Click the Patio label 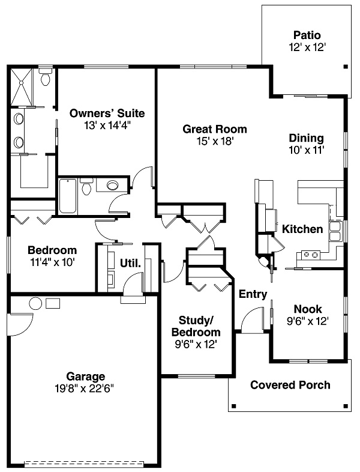pyautogui.click(x=307, y=35)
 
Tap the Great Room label pyautogui.click(x=215, y=129)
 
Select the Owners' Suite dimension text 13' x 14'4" pyautogui.click(x=107, y=126)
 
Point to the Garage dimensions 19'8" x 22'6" pyautogui.click(x=84, y=389)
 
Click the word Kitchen pyautogui.click(x=302, y=229)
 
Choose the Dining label pyautogui.click(x=307, y=138)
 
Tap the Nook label pyautogui.click(x=308, y=309)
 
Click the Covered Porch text pyautogui.click(x=290, y=385)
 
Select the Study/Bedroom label pyautogui.click(x=196, y=326)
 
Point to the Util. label pyautogui.click(x=130, y=263)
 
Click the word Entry pyautogui.click(x=253, y=294)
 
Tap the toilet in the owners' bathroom pyautogui.click(x=46, y=77)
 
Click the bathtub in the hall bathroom pyautogui.click(x=68, y=196)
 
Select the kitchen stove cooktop pyautogui.click(x=311, y=255)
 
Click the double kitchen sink pyautogui.click(x=335, y=231)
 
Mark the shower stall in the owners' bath pyautogui.click(x=22, y=86)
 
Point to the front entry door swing pyautogui.click(x=253, y=319)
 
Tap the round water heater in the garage pyautogui.click(x=35, y=303)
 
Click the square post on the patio pyautogui.click(x=346, y=67)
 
